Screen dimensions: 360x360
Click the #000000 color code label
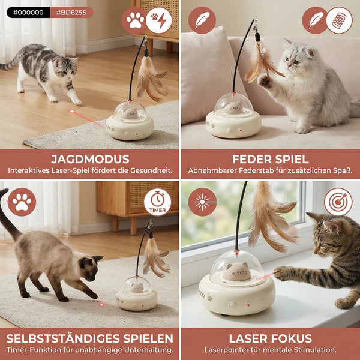pyautogui.click(x=28, y=12)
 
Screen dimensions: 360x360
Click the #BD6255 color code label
pyautogui.click(x=71, y=12)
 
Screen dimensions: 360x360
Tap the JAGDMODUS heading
pyautogui.click(x=89, y=159)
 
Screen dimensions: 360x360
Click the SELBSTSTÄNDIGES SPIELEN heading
pyautogui.click(x=89, y=338)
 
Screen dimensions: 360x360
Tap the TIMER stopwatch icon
pyautogui.click(x=157, y=202)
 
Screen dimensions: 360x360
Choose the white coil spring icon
pyautogui.click(x=339, y=20)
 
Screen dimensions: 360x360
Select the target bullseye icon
pyautogui.click(x=338, y=202)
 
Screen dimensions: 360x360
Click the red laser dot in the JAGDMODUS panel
pyautogui.click(x=72, y=112)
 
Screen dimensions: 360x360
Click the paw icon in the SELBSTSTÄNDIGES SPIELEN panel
pyautogui.click(x=22, y=202)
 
